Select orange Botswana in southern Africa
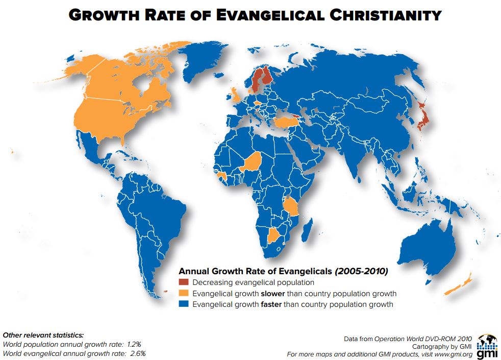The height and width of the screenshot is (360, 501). [276, 235]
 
